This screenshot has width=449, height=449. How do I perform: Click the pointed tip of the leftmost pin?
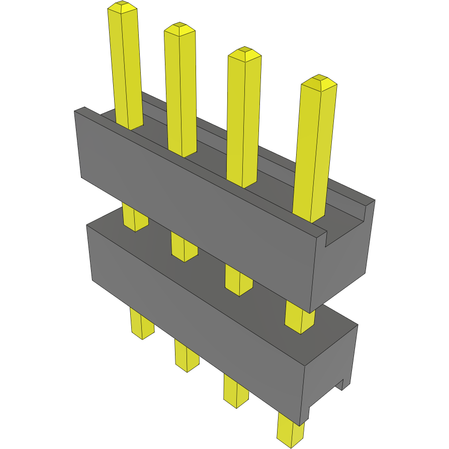coord(122,7)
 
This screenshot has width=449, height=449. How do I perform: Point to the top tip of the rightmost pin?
coord(318,81)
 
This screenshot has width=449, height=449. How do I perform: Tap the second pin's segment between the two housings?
coord(183,247)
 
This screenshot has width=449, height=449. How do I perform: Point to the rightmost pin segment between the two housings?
coord(300,317)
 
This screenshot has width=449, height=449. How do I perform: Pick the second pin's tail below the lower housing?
coord(187,355)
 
